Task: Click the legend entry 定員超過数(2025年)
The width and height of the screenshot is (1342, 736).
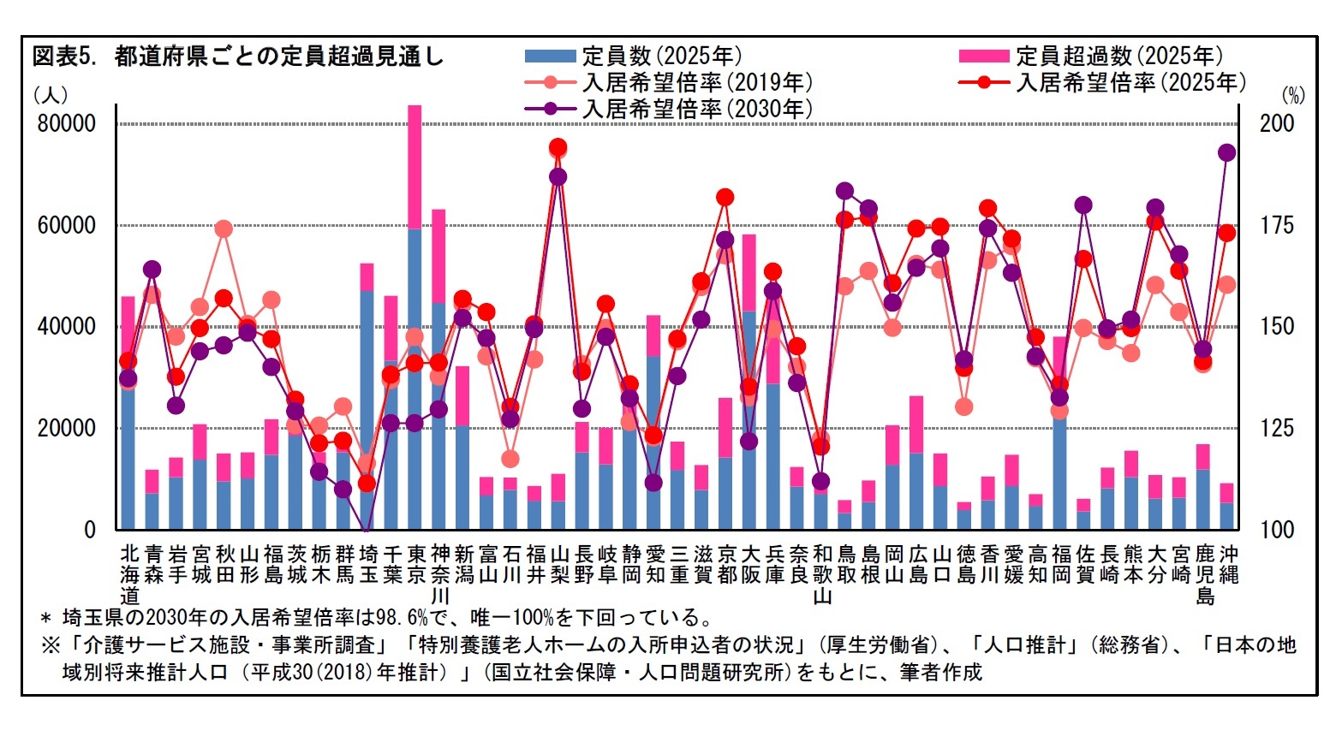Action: pyautogui.click(x=1118, y=56)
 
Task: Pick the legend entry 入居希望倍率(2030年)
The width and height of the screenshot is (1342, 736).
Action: pyautogui.click(x=696, y=110)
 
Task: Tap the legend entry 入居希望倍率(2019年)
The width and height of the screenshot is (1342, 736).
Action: pyautogui.click(x=696, y=83)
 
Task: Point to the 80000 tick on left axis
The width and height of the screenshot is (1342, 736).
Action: pyautogui.click(x=67, y=123)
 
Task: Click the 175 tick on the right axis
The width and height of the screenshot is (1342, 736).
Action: pyautogui.click(x=1276, y=226)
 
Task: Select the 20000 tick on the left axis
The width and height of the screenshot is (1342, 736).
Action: pyautogui.click(x=67, y=428)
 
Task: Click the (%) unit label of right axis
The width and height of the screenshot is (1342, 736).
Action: pyautogui.click(x=1292, y=95)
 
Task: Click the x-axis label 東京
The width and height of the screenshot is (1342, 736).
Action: pyautogui.click(x=415, y=563)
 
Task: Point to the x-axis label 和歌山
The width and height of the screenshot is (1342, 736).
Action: pyautogui.click(x=822, y=573)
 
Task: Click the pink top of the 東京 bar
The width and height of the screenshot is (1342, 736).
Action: pyautogui.click(x=415, y=167)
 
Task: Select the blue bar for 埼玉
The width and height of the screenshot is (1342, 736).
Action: pyautogui.click(x=367, y=402)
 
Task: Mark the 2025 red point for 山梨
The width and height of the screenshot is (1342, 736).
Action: pyautogui.click(x=558, y=147)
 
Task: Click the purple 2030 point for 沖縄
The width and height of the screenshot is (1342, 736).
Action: pyautogui.click(x=1226, y=153)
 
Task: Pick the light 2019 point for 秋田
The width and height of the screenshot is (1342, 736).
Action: pyautogui.click(x=224, y=229)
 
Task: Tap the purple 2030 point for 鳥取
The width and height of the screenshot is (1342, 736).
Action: pyautogui.click(x=845, y=191)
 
